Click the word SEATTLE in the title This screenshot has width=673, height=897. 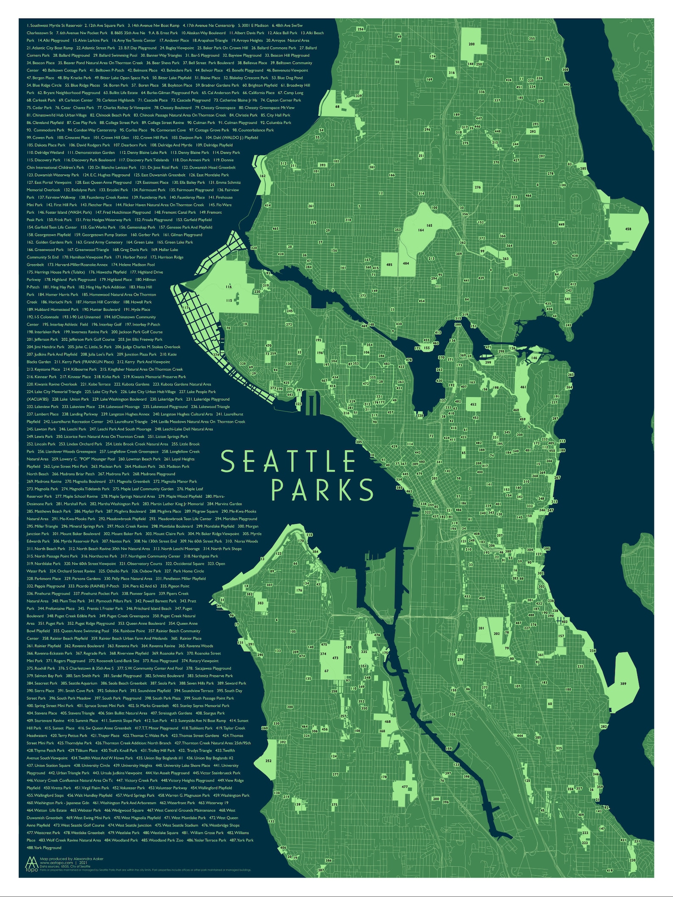(x=288, y=461)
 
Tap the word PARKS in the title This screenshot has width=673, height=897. (x=322, y=490)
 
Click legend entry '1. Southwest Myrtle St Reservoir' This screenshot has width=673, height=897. (x=54, y=25)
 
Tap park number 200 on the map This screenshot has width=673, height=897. (x=471, y=44)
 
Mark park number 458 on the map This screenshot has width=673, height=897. (x=628, y=229)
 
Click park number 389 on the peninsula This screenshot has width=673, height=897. (x=623, y=683)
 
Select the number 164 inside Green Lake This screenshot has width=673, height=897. (x=420, y=230)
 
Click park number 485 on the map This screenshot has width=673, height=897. (x=389, y=264)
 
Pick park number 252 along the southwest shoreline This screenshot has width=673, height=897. (x=268, y=761)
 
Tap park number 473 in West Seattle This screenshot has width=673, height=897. (x=335, y=658)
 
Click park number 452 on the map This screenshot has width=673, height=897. (x=473, y=404)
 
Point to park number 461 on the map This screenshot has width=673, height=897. (x=523, y=387)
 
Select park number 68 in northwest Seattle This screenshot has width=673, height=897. (x=337, y=106)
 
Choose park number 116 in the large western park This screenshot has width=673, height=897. (x=229, y=287)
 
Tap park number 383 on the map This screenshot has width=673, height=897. (x=260, y=603)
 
